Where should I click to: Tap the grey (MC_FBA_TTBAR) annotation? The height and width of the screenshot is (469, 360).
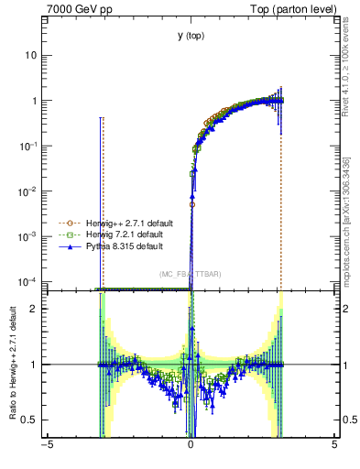pyautogui.click(x=191, y=274)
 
